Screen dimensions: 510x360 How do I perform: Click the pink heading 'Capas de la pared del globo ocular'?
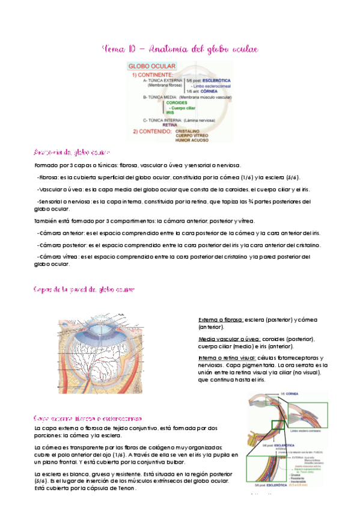[84, 289]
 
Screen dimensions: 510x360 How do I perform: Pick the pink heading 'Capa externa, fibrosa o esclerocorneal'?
[88, 417]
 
